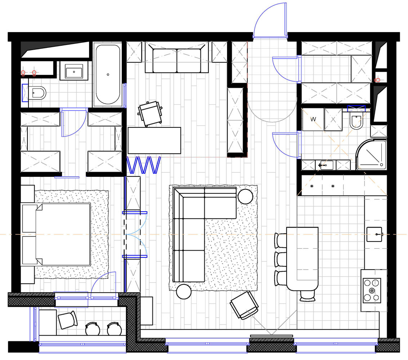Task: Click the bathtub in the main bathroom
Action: [x=108, y=74]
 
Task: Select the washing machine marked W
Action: [x=313, y=120]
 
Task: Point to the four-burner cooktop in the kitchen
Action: [x=372, y=290]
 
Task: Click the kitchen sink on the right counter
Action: [x=374, y=234]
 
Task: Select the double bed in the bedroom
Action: [x=56, y=234]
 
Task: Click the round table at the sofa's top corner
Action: [x=245, y=196]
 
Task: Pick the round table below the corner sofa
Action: [x=184, y=292]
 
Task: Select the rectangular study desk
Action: [x=154, y=140]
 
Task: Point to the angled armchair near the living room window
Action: [x=244, y=305]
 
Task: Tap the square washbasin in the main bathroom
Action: [x=74, y=71]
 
